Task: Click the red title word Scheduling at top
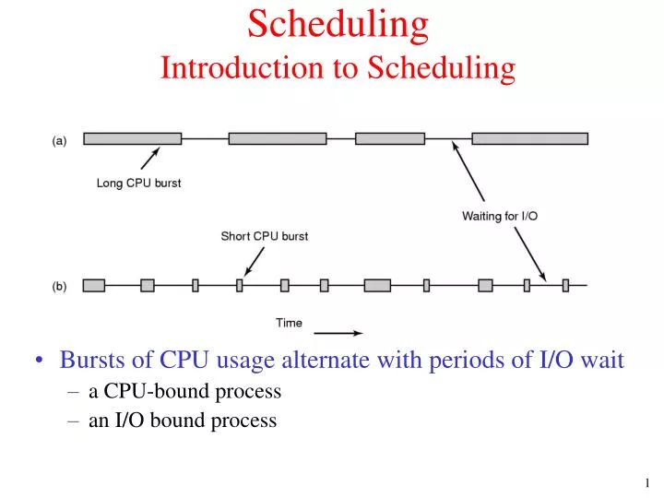[x=338, y=26]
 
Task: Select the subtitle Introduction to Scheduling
[x=338, y=67]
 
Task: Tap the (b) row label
[x=59, y=286]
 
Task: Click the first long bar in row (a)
[x=132, y=138]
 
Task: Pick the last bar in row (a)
[x=529, y=138]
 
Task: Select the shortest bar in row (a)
[x=389, y=138]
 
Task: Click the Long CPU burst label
[x=139, y=183]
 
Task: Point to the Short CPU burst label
[x=264, y=236]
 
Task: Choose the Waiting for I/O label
[x=500, y=216]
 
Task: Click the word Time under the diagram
[x=289, y=322]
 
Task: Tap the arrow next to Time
[x=339, y=333]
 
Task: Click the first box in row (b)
[x=94, y=286]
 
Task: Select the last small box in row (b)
[x=565, y=286]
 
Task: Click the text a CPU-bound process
[x=184, y=391]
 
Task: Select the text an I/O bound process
[x=183, y=421]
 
